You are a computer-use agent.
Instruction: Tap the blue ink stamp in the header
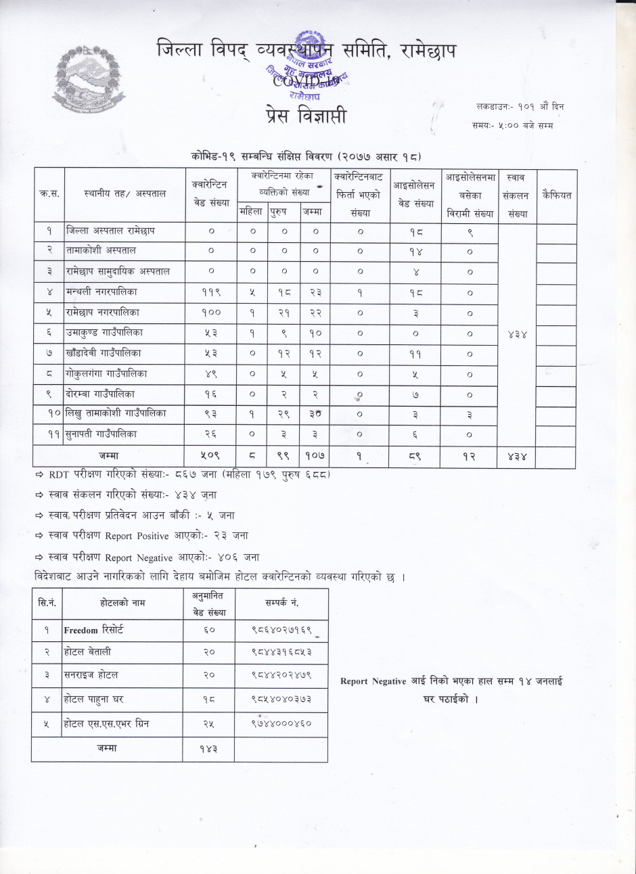coord(311,68)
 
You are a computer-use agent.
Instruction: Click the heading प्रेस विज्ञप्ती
coord(306,116)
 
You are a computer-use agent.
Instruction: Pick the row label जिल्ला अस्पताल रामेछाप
coord(110,231)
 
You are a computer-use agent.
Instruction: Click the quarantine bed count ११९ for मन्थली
coord(211,292)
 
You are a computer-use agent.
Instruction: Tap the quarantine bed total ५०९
coord(211,457)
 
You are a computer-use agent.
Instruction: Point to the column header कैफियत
coord(556,195)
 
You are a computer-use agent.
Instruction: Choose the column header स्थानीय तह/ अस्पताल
coord(124,194)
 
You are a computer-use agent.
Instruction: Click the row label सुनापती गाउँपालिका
coord(101,434)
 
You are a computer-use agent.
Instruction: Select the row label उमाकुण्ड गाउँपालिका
coord(104,333)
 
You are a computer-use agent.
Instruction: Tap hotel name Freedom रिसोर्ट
coord(93,630)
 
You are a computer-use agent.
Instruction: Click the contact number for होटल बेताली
coord(281,652)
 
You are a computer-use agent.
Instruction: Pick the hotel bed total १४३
coord(208,749)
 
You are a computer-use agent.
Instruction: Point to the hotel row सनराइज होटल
coord(91,675)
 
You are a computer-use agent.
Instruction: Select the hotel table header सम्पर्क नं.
coord(281,603)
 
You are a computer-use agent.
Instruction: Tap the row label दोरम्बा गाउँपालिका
coord(100,394)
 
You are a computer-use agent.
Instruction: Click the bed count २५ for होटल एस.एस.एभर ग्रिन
coord(208,724)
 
